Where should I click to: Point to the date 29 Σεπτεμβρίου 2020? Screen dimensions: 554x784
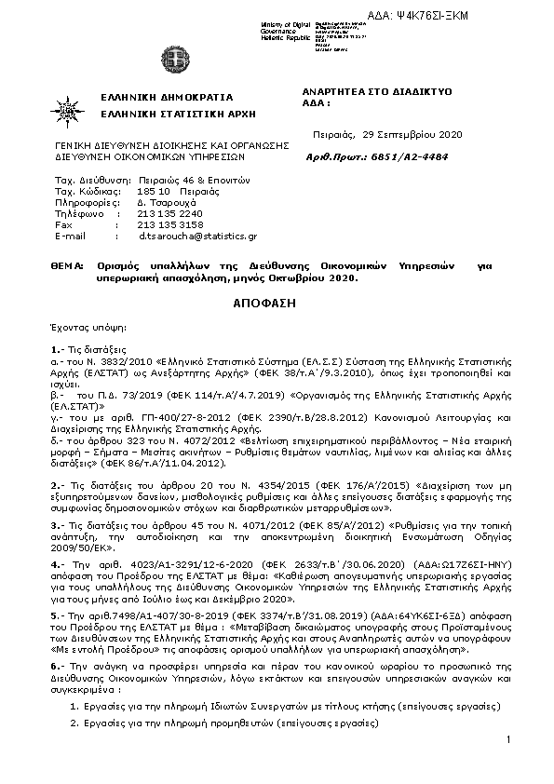tap(413, 134)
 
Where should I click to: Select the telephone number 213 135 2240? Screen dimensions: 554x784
tap(169, 212)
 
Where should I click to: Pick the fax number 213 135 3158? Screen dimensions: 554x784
tap(169, 224)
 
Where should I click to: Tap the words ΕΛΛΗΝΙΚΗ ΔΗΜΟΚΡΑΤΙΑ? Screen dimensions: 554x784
tap(167, 97)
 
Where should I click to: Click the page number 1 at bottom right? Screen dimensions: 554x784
tap(510, 739)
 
